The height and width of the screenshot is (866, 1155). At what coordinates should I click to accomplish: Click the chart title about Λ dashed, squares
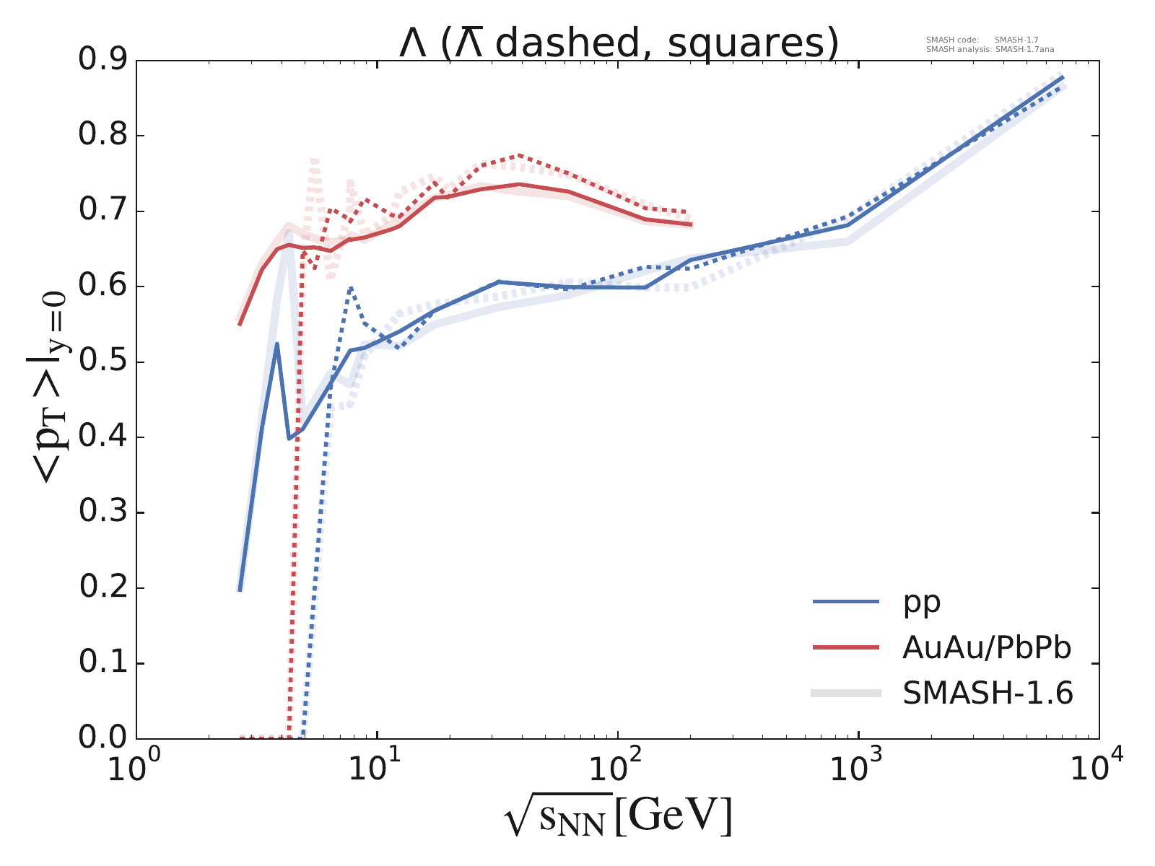[x=619, y=43]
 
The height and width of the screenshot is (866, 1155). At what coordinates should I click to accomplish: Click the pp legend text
[x=922, y=601]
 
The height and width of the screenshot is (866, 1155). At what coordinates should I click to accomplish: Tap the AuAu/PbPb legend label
[x=986, y=648]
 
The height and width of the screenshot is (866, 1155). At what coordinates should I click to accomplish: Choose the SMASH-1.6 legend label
[x=988, y=694]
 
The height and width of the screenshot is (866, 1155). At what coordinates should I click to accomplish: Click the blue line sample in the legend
[x=846, y=601]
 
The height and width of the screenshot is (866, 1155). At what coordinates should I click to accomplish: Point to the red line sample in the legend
[x=846, y=647]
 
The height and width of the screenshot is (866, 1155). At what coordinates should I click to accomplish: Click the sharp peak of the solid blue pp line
[x=277, y=344]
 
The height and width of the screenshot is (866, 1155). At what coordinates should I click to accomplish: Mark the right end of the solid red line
[x=692, y=225]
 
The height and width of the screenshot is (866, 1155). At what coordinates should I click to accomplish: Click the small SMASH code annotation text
[x=982, y=40]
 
